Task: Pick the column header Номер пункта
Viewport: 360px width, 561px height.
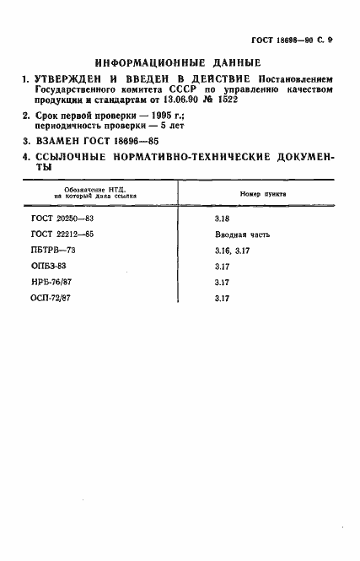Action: click(x=263, y=193)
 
